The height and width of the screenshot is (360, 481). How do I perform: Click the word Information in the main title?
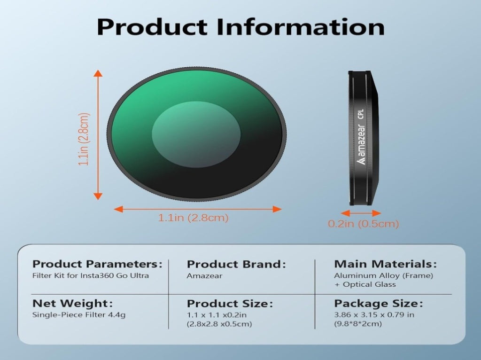point(301,27)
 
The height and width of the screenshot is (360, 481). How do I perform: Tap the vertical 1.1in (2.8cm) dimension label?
point(84,139)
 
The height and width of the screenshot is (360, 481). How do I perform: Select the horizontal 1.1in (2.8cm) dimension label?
point(193,218)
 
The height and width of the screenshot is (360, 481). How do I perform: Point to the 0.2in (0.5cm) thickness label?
point(364,223)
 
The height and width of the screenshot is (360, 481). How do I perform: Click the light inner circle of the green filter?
point(196,134)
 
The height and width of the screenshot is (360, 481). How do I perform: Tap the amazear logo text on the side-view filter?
point(361,144)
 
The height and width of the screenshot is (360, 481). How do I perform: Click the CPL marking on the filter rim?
point(361,114)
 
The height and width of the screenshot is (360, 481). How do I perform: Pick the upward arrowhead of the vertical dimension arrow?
point(98,73)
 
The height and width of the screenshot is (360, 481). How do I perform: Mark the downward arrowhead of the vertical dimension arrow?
point(98,196)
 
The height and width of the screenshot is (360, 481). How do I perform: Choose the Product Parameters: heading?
point(97,264)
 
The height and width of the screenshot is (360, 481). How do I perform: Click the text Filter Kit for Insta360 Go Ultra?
point(91,275)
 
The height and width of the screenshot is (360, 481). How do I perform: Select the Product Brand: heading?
point(236,264)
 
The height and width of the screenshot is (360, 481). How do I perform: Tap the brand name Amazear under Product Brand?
point(204,275)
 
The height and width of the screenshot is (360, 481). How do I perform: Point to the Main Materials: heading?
point(385,264)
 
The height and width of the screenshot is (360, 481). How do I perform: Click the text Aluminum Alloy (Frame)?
point(383,275)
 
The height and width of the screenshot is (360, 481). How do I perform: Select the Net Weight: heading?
point(72,304)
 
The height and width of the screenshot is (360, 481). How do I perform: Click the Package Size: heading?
point(379,304)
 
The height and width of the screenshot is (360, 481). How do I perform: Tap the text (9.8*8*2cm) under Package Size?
point(358,324)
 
